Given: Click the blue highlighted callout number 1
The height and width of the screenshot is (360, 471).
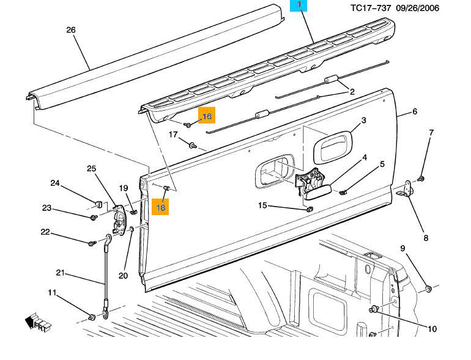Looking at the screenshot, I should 300,6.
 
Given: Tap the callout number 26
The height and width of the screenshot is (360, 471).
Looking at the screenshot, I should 70,30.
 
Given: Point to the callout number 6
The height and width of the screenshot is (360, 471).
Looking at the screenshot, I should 414,112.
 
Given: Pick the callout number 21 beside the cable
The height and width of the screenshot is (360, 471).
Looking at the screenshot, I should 60,273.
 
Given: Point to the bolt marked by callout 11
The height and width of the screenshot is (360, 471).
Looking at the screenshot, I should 92,317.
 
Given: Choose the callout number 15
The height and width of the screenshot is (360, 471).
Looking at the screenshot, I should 262,205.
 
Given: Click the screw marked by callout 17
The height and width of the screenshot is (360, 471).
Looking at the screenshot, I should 192,145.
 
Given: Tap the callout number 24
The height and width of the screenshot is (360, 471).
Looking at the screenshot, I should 55,183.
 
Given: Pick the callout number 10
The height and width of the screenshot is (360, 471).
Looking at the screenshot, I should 432,329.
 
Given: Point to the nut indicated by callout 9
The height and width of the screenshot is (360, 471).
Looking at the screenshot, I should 428,287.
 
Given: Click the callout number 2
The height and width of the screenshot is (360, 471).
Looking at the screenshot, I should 352,92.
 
